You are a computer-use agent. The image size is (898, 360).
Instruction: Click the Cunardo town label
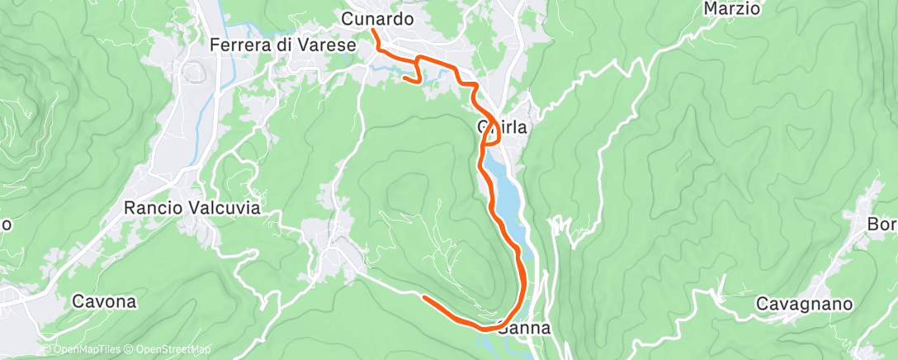coord(376,17)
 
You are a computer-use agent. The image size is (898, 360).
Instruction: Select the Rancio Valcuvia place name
coord(191,208)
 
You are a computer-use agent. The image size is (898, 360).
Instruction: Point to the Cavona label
coord(104,301)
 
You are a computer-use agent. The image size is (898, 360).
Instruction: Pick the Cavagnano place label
coord(804,304)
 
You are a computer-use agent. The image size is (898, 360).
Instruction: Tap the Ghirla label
coord(502,127)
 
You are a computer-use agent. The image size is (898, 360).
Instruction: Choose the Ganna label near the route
coord(525,328)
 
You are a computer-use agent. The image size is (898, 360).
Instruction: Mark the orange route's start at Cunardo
coord(373,31)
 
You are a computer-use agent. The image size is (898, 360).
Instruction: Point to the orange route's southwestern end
coord(424,296)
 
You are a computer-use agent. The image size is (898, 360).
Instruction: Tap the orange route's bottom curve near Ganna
coord(487,328)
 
